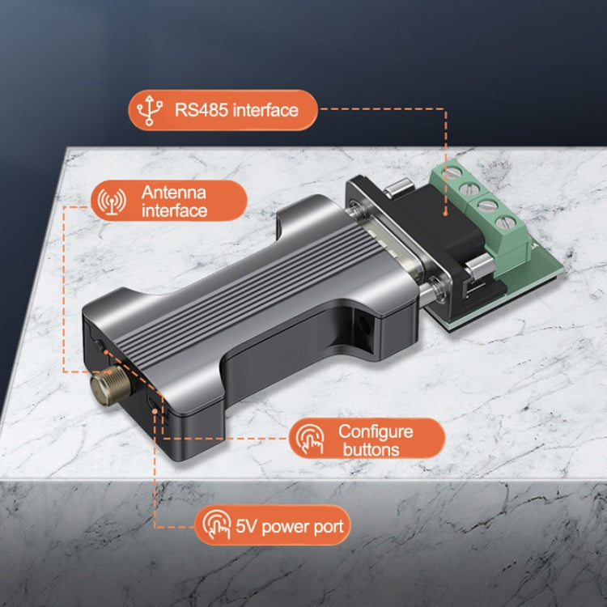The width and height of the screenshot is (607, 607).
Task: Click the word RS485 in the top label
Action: [201, 110]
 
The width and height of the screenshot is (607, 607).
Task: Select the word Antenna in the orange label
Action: [173, 193]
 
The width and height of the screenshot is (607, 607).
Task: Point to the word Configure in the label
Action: [375, 431]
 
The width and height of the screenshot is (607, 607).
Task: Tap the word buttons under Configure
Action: [371, 449]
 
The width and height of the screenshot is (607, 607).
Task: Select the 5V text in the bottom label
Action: [245, 527]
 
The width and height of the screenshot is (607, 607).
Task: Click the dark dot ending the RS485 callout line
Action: [447, 212]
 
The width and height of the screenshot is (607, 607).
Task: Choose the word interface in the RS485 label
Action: [265, 110]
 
